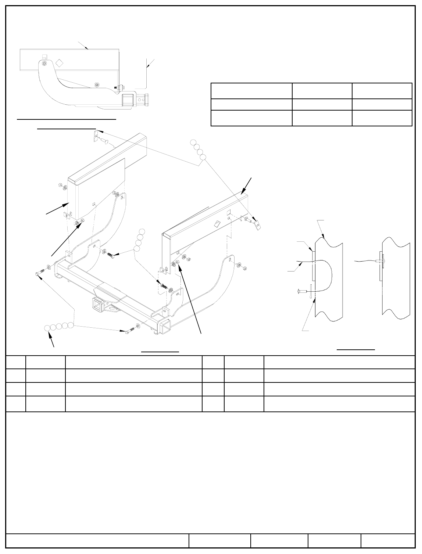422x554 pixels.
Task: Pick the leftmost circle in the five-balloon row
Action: [x=48, y=328]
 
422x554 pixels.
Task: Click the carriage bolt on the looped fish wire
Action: [x=300, y=292]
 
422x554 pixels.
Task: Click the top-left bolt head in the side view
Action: [x=44, y=64]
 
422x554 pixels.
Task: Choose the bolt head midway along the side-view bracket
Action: [x=97, y=85]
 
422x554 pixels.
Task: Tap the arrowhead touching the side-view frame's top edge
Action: [x=87, y=48]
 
